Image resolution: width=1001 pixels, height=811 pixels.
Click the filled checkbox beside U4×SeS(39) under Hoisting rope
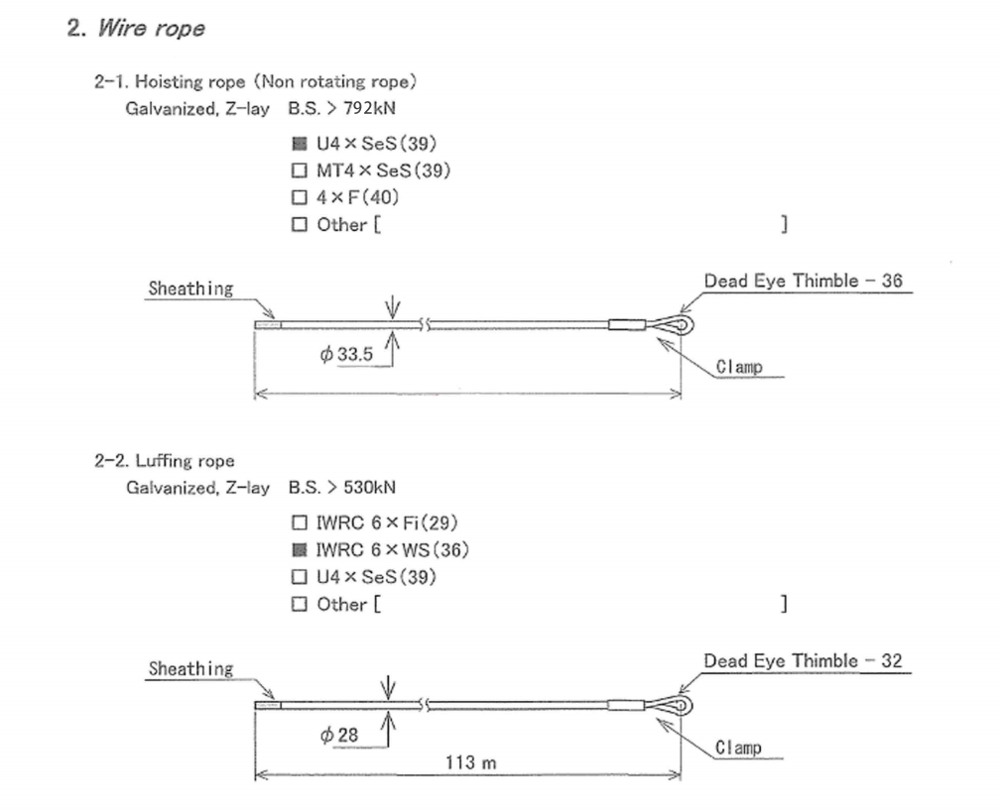click(299, 143)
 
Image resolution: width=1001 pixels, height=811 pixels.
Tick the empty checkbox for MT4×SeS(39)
click(299, 171)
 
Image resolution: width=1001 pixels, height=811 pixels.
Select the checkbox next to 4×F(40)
click(299, 197)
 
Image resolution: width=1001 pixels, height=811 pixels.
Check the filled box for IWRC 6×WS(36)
click(299, 549)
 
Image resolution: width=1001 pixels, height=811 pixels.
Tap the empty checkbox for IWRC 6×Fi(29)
click(299, 522)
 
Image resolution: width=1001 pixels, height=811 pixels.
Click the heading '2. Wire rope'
click(136, 28)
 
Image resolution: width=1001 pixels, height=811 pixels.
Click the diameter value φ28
click(339, 735)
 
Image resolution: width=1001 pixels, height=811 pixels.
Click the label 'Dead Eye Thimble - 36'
click(803, 281)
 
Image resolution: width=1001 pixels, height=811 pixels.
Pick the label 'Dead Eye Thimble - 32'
click(803, 660)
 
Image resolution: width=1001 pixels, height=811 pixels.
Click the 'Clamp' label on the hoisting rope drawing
click(739, 367)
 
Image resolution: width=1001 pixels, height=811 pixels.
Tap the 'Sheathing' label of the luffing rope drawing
click(190, 669)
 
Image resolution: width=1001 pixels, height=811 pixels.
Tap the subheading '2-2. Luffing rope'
click(165, 461)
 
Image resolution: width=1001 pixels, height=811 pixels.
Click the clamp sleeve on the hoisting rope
click(627, 323)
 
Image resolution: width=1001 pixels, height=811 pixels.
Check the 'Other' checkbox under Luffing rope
click(299, 604)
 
